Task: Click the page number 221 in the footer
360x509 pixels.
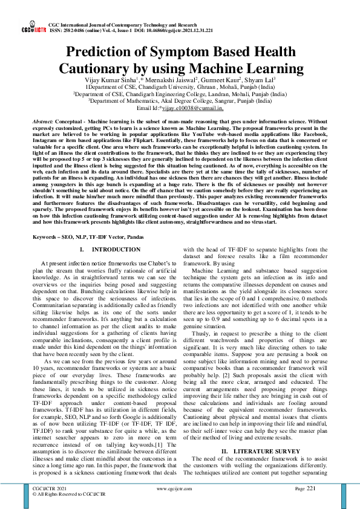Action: pyautogui.click(x=311, y=488)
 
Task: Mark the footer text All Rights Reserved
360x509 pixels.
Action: pyautogui.click(x=61, y=493)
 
